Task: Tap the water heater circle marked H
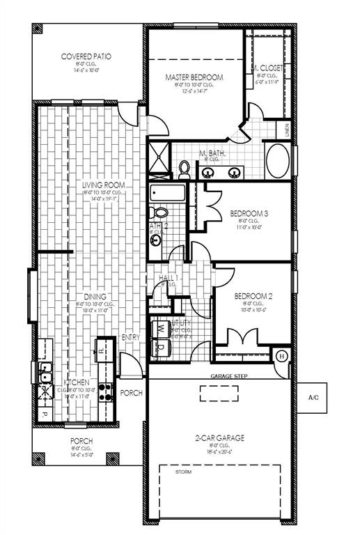point(282,356)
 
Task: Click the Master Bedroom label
point(194,77)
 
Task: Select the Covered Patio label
point(86,56)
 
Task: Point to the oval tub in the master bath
point(277,162)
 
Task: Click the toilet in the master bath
point(184,168)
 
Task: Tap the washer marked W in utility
point(159,327)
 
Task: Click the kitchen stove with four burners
point(107,392)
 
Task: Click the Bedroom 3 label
point(248,212)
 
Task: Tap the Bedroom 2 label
point(253,295)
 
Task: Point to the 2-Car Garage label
point(219,438)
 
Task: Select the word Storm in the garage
point(184,472)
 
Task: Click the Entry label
point(131,338)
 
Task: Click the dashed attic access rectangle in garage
point(219,393)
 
